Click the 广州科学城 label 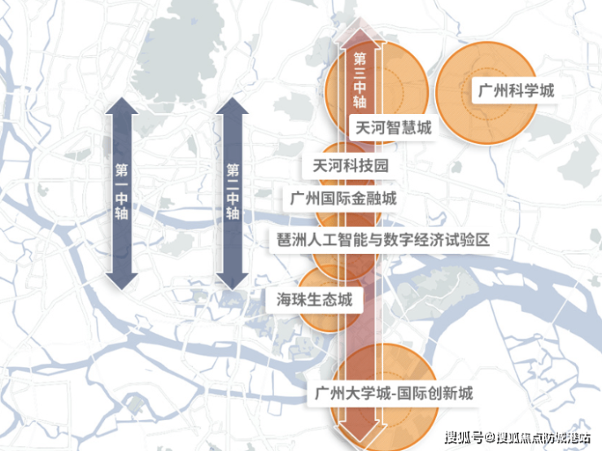513,90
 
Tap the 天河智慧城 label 391,128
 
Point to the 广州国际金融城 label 344,198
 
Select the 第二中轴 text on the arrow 233,192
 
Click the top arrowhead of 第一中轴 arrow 122,106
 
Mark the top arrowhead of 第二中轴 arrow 233,106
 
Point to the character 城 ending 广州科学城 546,90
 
